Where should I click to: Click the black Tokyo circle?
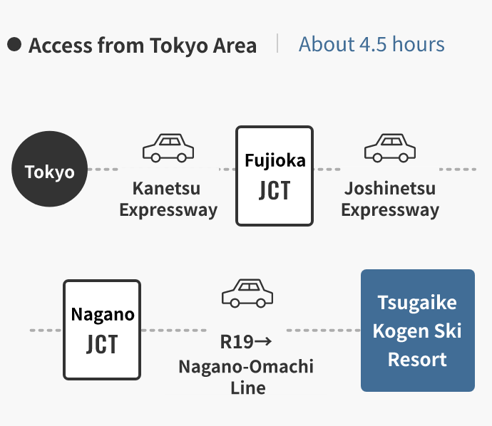pyautogui.click(x=50, y=170)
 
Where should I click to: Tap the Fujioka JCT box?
pyautogui.click(x=275, y=176)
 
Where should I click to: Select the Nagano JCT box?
pyautogui.click(x=102, y=330)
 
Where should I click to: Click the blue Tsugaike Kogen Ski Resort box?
pyautogui.click(x=417, y=331)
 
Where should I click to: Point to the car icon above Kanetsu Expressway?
pyautogui.click(x=168, y=147)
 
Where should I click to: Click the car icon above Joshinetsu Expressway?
pyautogui.click(x=389, y=147)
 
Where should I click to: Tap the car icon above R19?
pyautogui.click(x=247, y=293)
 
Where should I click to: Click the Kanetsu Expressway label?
pyautogui.click(x=168, y=199)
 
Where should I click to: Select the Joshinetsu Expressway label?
pyautogui.click(x=389, y=199)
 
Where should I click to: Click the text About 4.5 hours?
pyautogui.click(x=371, y=44)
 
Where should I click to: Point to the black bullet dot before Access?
pyautogui.click(x=14, y=45)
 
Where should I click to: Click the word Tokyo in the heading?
pyautogui.click(x=180, y=46)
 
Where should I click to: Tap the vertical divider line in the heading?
pyautogui.click(x=277, y=44)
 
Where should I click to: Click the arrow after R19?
pyautogui.click(x=263, y=342)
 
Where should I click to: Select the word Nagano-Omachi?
pyautogui.click(x=246, y=366)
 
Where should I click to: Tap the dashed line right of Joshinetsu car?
pyautogui.click(x=457, y=170)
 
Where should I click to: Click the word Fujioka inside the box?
pyautogui.click(x=275, y=160)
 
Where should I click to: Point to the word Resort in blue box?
pyautogui.click(x=417, y=359)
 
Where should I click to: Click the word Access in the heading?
pyautogui.click(x=60, y=46)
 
